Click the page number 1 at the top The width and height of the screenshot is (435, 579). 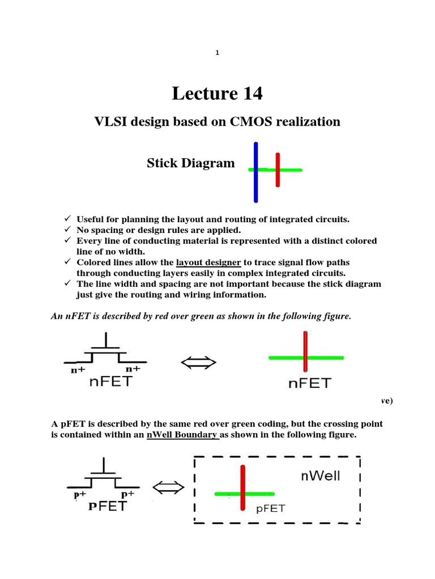click(217, 53)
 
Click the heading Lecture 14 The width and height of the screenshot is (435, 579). click(217, 93)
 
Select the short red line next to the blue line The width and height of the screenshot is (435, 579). click(278, 170)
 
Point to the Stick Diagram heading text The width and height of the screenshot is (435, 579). click(190, 163)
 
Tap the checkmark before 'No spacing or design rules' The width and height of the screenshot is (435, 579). click(66, 230)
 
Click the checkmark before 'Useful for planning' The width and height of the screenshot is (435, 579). click(66, 219)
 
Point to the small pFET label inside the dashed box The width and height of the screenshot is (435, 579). click(271, 508)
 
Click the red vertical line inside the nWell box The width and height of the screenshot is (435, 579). click(243, 487)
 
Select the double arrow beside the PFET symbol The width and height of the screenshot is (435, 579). click(168, 487)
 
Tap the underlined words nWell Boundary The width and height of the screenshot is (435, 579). click(182, 435)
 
